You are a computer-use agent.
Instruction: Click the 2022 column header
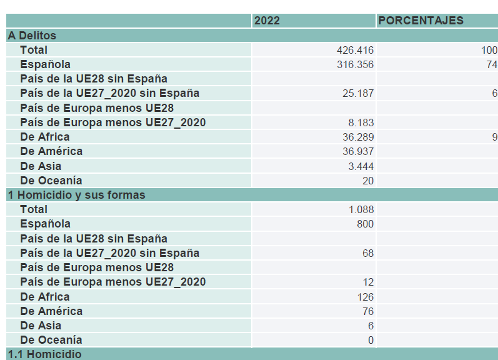[267, 21]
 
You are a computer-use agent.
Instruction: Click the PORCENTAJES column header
[421, 21]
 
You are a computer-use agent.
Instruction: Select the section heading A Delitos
[32, 36]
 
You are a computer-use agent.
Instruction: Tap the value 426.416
[355, 50]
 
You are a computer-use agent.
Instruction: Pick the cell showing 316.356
[355, 64]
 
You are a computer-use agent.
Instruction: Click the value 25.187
[358, 93]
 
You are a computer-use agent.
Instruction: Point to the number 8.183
[361, 122]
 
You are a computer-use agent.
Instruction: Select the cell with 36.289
[358, 137]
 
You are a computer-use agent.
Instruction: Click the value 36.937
[358, 151]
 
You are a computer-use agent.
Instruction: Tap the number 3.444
[361, 166]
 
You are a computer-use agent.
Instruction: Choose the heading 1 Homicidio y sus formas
[76, 195]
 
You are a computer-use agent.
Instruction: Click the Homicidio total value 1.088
[361, 210]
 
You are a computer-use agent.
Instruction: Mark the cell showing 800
[366, 224]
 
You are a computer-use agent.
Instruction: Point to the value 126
[366, 297]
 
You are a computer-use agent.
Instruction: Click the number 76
[368, 311]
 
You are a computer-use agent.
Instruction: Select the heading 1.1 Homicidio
[44, 354]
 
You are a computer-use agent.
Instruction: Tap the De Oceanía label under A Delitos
[51, 181]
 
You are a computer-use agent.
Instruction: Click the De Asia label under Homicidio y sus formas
[41, 326]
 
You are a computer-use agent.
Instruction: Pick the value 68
[368, 253]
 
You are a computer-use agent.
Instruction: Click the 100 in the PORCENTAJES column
[489, 50]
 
